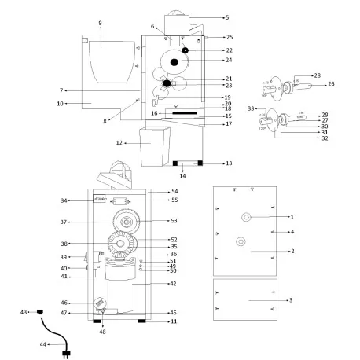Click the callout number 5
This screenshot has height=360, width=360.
[226, 17]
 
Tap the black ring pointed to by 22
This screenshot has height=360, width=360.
[185, 50]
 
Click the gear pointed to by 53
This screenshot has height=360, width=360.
[122, 221]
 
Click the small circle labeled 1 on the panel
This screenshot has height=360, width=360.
[246, 216]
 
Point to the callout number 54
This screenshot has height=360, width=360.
[174, 192]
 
